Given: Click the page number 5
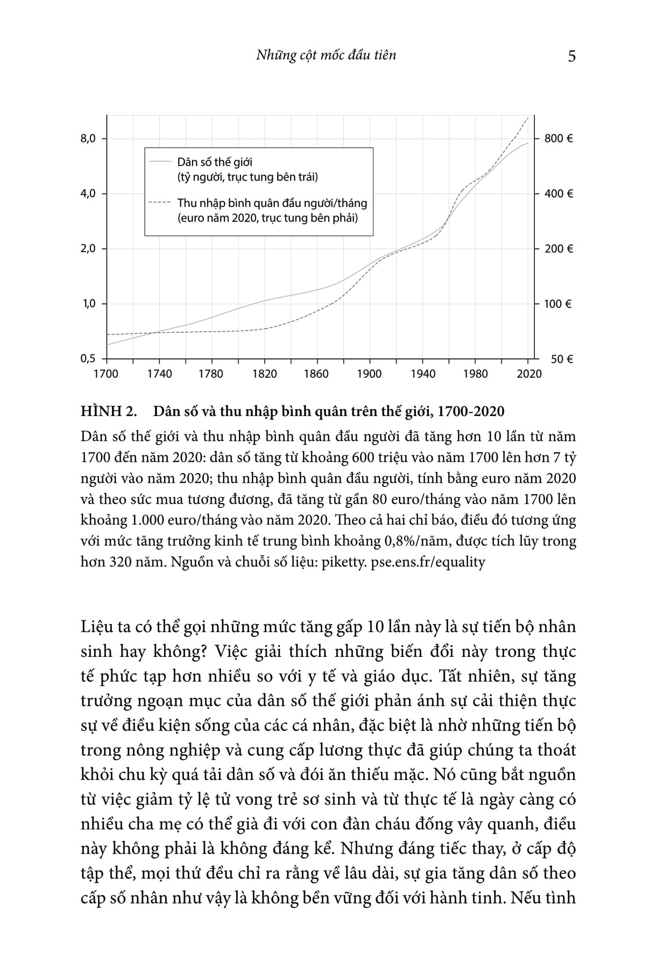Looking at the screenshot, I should pyautogui.click(x=571, y=56).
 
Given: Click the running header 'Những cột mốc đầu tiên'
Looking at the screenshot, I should pyautogui.click(x=326, y=55).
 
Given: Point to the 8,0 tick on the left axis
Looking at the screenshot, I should pyautogui.click(x=88, y=139).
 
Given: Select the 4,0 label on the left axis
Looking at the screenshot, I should pyautogui.click(x=88, y=194).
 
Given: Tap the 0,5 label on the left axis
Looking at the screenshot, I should pyautogui.click(x=88, y=359).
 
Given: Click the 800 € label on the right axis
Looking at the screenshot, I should pyautogui.click(x=559, y=139).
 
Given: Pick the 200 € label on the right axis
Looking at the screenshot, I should pyautogui.click(x=559, y=249).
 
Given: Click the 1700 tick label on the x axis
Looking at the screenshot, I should pyautogui.click(x=105, y=374).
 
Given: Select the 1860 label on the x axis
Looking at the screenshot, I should pyautogui.click(x=316, y=374).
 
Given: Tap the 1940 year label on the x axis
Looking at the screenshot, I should pyautogui.click(x=422, y=374).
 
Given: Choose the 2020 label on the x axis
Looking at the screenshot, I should pyautogui.click(x=528, y=374).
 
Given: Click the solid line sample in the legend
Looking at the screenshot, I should pyautogui.click(x=160, y=161).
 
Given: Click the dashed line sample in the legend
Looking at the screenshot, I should pyautogui.click(x=160, y=203).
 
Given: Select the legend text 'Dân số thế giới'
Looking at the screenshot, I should pyautogui.click(x=215, y=162).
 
